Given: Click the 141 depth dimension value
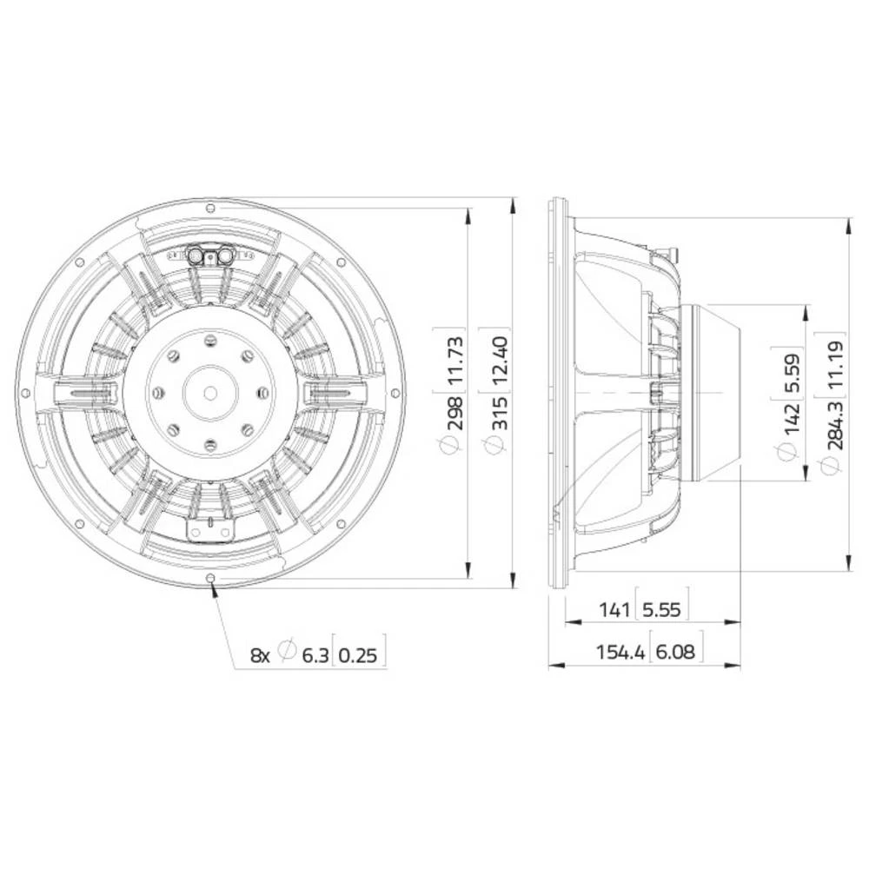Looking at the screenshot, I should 614,610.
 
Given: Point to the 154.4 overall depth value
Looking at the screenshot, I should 620,652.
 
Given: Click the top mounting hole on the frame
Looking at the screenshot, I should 210,208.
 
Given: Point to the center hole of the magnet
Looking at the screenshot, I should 210,393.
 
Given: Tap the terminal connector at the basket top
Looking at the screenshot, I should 210,255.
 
